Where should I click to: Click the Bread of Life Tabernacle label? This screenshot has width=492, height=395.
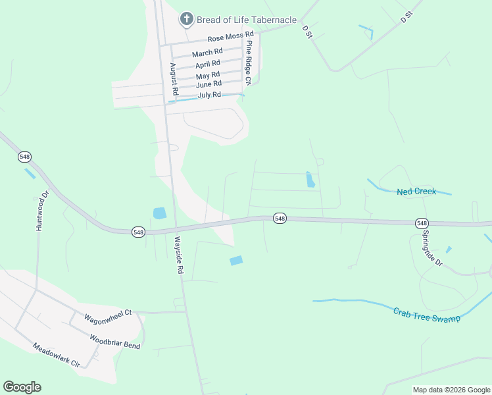pos(247,20)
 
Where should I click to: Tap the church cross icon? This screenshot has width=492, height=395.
pos(187,19)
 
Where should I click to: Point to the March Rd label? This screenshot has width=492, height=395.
pos(207,52)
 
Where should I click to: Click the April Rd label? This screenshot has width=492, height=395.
pos(208,64)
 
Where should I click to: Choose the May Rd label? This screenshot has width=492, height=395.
pos(207,76)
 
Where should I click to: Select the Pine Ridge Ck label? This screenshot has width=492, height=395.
pos(249,63)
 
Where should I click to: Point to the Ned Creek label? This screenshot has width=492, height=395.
pos(416,192)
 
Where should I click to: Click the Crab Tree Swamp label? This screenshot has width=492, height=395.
pos(427,314)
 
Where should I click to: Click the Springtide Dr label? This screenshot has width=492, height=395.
pos(433,248)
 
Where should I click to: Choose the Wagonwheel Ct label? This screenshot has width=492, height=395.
pos(109,317)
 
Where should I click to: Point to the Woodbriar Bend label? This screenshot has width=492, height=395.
pos(115,341)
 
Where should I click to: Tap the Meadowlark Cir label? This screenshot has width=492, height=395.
pos(56,355)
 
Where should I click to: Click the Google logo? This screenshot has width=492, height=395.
pos(22,387)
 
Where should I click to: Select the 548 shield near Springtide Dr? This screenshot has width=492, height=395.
pos(422,223)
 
